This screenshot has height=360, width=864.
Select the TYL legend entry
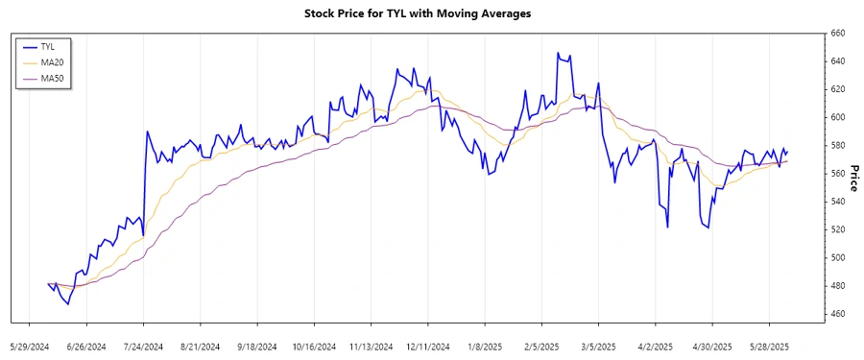(48, 46)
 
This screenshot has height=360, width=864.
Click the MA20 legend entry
(51, 61)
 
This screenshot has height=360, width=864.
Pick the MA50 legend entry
(51, 77)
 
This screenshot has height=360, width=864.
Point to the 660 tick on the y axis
(837, 34)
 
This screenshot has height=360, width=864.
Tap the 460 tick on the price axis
(837, 314)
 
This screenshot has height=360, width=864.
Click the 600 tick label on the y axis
(837, 117)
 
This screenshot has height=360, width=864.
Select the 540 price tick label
(837, 202)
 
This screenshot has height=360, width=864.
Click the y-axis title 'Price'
(854, 174)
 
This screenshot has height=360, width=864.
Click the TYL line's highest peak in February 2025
(558, 53)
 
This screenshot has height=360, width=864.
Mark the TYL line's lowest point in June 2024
(67, 304)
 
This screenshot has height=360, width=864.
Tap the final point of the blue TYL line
(788, 152)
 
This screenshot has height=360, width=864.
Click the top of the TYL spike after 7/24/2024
(147, 132)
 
